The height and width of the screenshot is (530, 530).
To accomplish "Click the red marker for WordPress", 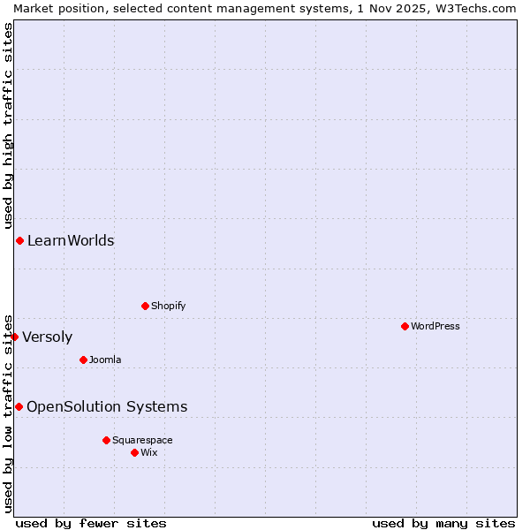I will pos(405,326).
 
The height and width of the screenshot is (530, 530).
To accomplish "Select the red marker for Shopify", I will pos(145,306).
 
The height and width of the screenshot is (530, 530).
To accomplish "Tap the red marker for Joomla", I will pos(83,360).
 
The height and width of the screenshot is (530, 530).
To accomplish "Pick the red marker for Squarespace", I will pos(106,440).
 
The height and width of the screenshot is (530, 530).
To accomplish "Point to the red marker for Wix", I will pos(134,452).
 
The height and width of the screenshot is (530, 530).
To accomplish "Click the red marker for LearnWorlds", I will pos(19,240).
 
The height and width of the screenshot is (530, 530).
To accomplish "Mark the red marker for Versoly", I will pos(14,337).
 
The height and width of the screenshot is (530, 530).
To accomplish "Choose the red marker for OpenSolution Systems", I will pos(19,406).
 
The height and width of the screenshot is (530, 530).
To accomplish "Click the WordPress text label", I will pos(435,326).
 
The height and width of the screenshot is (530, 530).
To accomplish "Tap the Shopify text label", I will pos(168,306).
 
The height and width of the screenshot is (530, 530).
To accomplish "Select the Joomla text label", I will pos(105,360).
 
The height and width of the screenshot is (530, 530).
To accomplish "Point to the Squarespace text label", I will pos(142,440).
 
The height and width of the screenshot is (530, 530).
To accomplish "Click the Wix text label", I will pos(148,452).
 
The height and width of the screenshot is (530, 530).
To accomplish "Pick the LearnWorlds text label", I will pos(71,240).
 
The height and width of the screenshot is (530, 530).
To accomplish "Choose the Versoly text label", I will pos(47,337).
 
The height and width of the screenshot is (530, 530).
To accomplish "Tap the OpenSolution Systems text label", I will pos(107,406).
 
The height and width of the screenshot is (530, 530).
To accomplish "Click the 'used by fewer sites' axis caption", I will pos(91,523).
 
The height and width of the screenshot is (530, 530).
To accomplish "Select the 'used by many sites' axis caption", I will pos(443,523).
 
